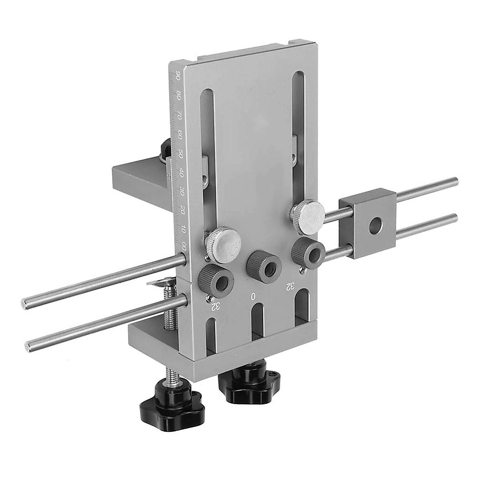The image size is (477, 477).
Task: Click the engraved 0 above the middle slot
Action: tap(253, 296)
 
